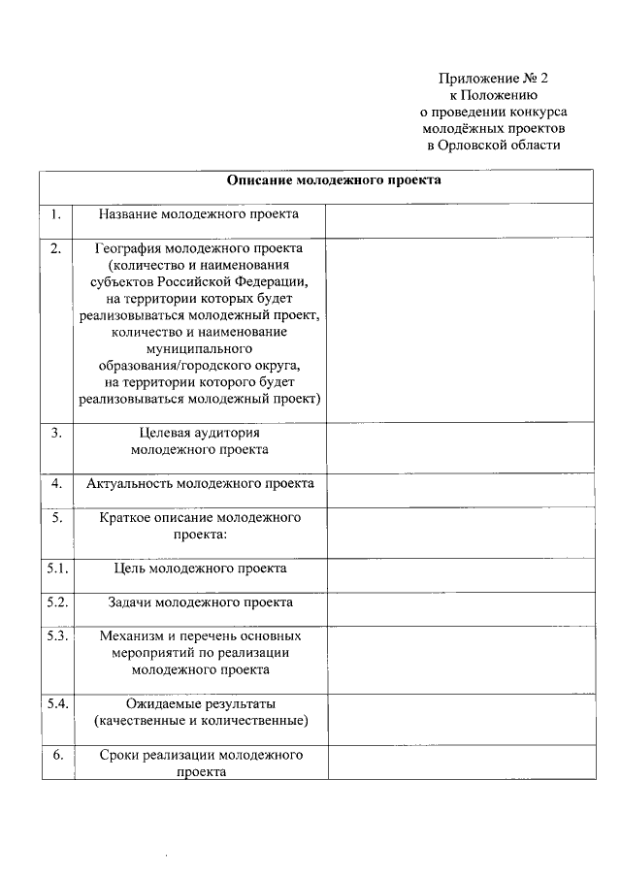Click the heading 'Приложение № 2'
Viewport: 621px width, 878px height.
pos(500,78)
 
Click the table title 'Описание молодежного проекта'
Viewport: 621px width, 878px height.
pos(334,180)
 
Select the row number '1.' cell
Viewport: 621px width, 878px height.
pos(56,214)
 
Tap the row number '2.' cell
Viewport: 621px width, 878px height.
pos(56,248)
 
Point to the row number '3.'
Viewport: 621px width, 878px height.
pos(56,433)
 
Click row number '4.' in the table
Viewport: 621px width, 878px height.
pos(56,483)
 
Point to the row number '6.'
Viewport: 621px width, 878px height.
pos(56,755)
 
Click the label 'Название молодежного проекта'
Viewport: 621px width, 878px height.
pos(200,214)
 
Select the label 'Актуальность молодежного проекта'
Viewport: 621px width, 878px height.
pos(200,483)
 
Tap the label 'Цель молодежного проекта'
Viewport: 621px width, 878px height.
pos(200,569)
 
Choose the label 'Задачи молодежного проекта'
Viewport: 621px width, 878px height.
pos(200,602)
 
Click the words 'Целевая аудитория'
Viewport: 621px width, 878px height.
pos(200,433)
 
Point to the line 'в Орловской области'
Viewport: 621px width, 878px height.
pos(494,145)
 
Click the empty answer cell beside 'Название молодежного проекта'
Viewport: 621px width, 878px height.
pos(459,219)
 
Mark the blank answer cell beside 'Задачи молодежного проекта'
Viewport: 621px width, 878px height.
pos(459,608)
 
